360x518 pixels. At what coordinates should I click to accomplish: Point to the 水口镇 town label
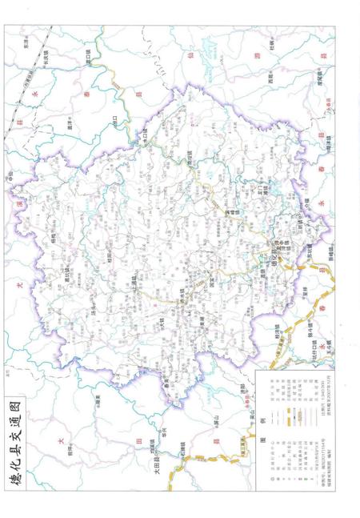click(144, 137)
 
